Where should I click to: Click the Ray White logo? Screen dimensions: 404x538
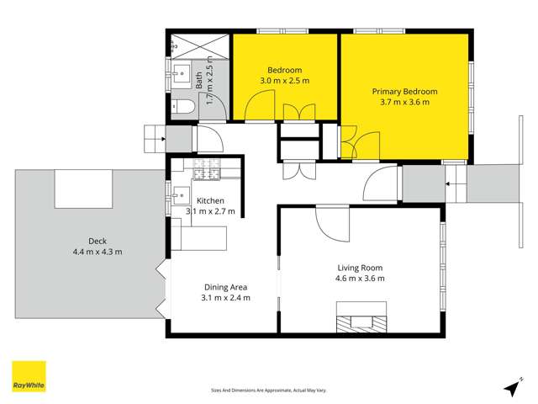[29, 377]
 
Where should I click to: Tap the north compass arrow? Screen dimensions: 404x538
[510, 388]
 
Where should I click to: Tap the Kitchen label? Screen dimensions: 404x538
[210, 200]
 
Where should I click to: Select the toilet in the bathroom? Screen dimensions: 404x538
[186, 107]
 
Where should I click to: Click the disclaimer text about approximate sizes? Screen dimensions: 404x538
[268, 390]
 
